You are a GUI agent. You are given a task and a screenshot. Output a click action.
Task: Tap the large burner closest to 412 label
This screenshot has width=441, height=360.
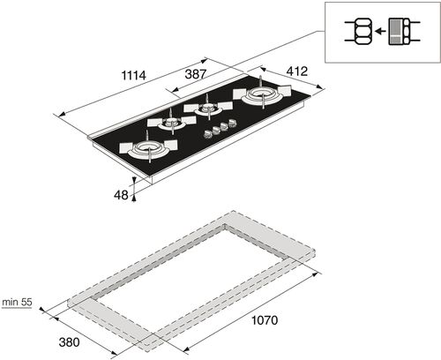click(260, 94)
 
